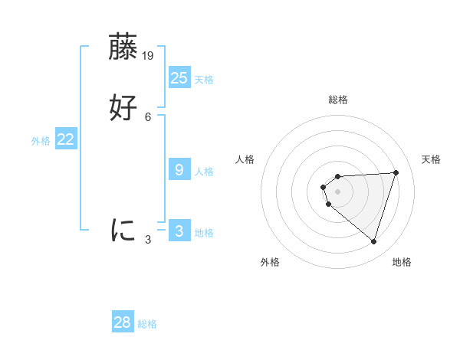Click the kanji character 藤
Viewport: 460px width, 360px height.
tap(123, 47)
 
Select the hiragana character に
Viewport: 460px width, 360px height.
tap(123, 230)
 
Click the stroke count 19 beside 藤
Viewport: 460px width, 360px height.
tap(149, 56)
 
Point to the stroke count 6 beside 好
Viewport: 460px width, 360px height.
tap(148, 116)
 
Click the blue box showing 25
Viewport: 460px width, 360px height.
tap(179, 78)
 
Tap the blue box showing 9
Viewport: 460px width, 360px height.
tap(179, 170)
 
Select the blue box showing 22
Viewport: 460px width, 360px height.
tap(66, 139)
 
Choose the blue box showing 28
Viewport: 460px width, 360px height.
tap(123, 322)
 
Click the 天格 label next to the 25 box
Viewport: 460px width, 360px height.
tap(204, 80)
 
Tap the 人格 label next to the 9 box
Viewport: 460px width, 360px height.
tap(204, 172)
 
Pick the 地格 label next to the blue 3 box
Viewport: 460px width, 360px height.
tap(204, 233)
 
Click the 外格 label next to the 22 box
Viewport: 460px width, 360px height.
tap(41, 141)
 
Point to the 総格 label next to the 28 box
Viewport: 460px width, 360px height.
tap(147, 324)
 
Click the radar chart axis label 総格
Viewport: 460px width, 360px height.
tap(337, 100)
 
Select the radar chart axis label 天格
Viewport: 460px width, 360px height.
tap(431, 159)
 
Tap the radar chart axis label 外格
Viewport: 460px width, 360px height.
tap(270, 262)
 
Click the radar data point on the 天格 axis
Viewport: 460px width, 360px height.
tap(396, 172)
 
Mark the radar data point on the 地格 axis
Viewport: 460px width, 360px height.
tap(373, 241)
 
